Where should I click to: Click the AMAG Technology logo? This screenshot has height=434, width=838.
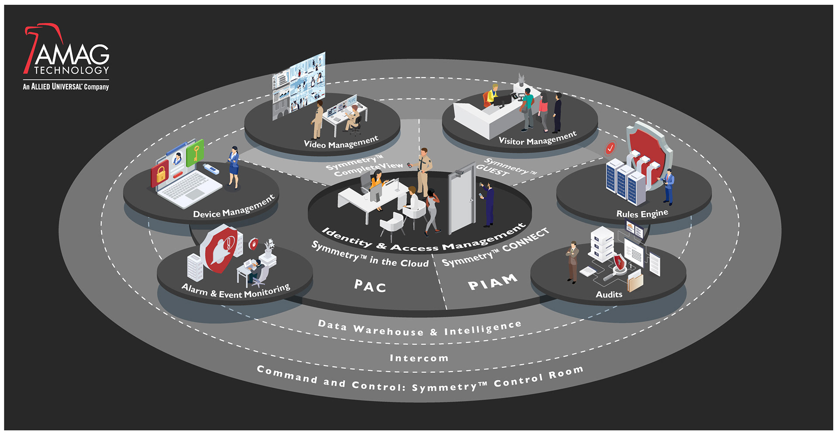tap(66, 57)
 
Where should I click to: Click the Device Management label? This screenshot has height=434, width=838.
tap(234, 207)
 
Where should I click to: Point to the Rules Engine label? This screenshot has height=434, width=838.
tap(642, 214)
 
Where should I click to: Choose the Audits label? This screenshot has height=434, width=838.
tap(609, 294)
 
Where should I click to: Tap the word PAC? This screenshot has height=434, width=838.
tap(370, 286)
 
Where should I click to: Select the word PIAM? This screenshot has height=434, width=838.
tap(492, 283)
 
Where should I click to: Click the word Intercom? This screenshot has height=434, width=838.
tap(419, 358)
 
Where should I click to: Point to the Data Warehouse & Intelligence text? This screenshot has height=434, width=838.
tap(419, 328)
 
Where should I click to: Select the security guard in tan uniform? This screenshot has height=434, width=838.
tap(423, 172)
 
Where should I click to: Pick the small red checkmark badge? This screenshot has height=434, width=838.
tap(610, 148)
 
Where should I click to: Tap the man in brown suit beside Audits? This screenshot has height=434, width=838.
tap(573, 262)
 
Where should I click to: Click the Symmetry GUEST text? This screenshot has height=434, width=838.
tap(506, 168)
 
